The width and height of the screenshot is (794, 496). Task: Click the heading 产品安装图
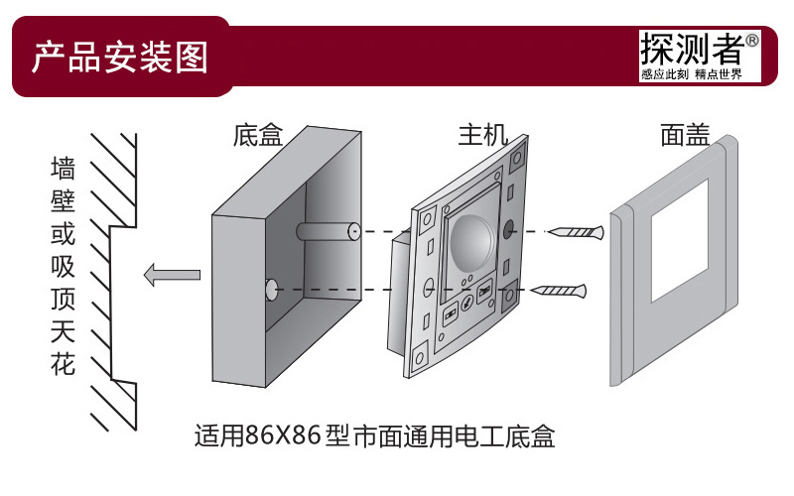click(x=119, y=58)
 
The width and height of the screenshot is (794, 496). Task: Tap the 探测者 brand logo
click(x=692, y=49)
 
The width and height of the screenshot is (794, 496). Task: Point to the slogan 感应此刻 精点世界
click(x=692, y=74)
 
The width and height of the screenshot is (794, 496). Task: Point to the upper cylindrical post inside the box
click(x=328, y=231)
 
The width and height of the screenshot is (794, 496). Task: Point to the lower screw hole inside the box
click(x=269, y=290)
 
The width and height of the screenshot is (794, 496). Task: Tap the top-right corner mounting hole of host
click(x=517, y=157)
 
